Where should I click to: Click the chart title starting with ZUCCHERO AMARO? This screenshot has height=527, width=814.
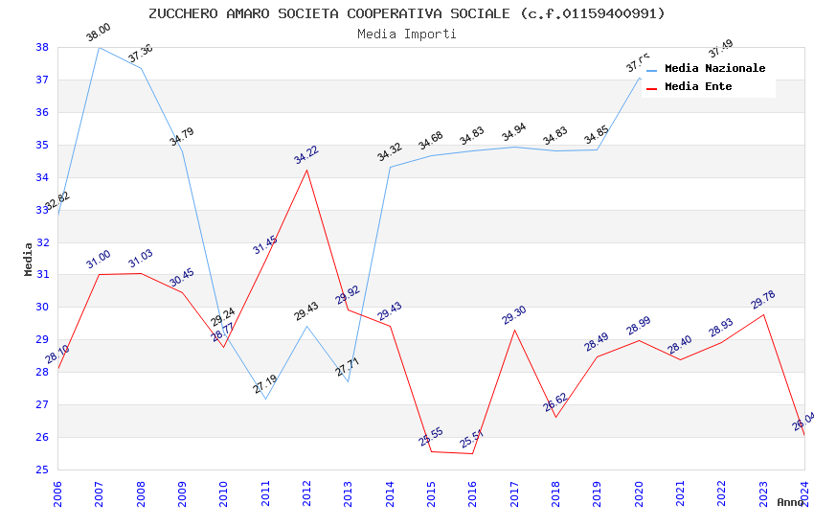coord(406,13)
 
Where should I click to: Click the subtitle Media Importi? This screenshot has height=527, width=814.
coord(406,34)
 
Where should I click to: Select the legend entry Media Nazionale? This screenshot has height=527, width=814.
coord(714,68)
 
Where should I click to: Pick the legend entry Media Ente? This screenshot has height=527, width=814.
coord(698,86)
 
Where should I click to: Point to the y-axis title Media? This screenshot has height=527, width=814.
coord(29,259)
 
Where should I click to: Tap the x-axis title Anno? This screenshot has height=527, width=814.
coord(790,502)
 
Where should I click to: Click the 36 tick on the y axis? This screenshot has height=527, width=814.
coord(42,112)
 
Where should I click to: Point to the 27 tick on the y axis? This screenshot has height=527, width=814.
coord(42,405)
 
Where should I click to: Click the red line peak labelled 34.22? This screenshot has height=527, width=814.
coord(306,170)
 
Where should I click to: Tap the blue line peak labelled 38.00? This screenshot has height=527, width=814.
coord(99,47)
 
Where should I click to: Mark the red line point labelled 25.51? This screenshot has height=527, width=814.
coord(472,453)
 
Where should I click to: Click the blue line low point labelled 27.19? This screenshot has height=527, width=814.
coord(265,399)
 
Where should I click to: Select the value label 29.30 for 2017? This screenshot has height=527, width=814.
coord(514,315)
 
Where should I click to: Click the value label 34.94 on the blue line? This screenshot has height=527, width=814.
coord(514,132)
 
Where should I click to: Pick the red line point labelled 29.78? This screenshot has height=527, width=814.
coord(763,314)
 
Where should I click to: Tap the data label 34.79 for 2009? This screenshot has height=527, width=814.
coord(182,136)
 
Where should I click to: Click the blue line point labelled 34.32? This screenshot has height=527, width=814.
coord(390,167)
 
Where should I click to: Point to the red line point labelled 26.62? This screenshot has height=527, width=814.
coord(555,417)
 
